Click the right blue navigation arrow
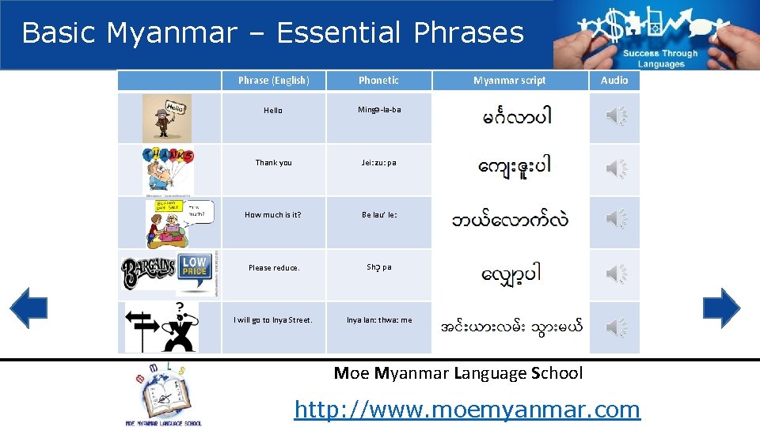(x=721, y=308)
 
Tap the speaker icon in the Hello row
(x=615, y=117)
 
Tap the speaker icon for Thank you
(x=615, y=168)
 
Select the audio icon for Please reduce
(x=615, y=274)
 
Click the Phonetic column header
(x=378, y=80)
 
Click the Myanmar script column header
(x=509, y=80)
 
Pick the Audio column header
(x=614, y=80)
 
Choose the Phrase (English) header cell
(x=273, y=80)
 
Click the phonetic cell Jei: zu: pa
(x=378, y=163)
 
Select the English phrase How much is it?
(x=273, y=215)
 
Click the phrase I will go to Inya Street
(x=273, y=320)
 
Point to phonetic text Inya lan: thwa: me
(x=379, y=320)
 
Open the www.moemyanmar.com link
(x=466, y=409)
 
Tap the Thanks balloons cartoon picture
(x=167, y=169)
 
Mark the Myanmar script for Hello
(x=516, y=118)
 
